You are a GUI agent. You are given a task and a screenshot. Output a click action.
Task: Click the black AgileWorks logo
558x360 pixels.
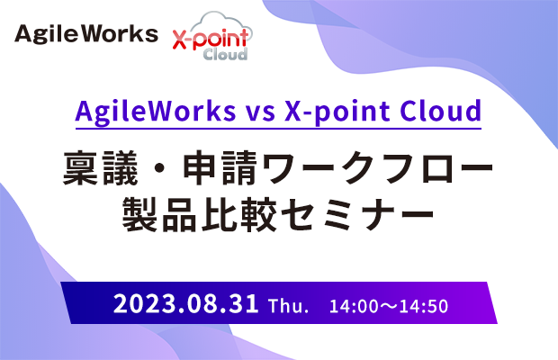tap(86, 34)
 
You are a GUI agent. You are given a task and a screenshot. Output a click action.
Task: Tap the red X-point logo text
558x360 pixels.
tap(211, 40)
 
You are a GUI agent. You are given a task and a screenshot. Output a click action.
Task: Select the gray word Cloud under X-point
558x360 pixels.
tap(225, 54)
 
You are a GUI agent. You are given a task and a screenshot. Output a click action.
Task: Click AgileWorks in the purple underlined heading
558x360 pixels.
tap(156, 112)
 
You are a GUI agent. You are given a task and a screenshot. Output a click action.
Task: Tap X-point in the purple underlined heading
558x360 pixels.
tap(337, 112)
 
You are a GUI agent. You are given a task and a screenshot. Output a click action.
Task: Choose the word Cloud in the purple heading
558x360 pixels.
tap(441, 111)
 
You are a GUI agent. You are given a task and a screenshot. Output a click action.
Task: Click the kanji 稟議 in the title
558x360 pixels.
tap(101, 167)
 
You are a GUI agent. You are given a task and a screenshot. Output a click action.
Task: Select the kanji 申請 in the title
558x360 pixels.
tap(220, 167)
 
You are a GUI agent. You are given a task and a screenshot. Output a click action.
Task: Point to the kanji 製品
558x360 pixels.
tap(159, 214)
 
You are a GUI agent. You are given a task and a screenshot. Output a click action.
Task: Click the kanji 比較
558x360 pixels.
tap(238, 214)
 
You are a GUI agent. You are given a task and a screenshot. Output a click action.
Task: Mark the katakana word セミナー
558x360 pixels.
tap(357, 214)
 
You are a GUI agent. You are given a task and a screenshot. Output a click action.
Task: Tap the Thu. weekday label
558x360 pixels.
tap(288, 306)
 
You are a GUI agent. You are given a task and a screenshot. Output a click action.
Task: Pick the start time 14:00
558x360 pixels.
tap(351, 306)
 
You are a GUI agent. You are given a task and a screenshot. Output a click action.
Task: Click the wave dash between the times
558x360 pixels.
tap(389, 307)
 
